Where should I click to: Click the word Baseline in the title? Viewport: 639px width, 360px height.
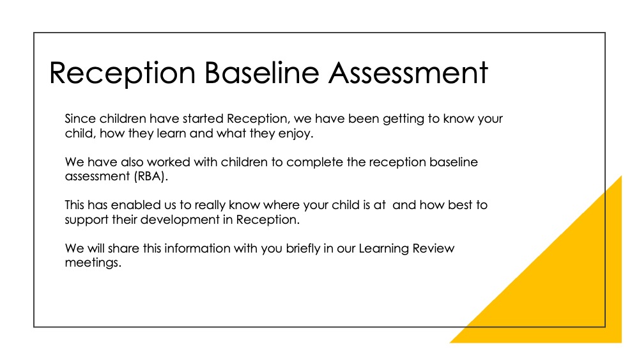261,73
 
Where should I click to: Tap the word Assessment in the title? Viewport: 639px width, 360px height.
408,73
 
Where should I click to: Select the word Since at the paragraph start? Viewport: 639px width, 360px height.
81,119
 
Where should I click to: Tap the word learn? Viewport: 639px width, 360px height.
171,133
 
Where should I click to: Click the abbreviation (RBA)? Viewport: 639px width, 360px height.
150,177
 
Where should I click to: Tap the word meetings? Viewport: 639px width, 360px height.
93,263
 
